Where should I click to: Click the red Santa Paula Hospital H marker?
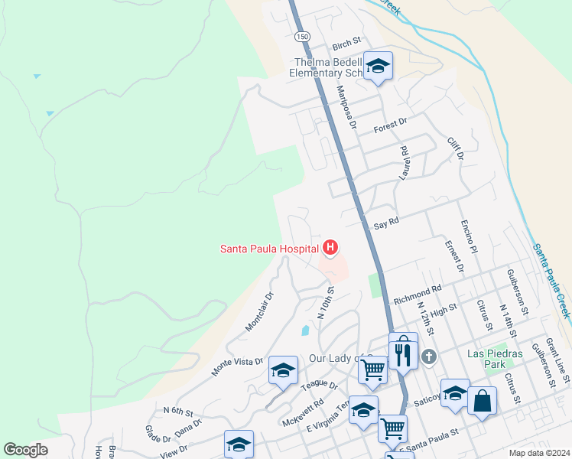330,248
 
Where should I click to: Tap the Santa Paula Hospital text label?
269,248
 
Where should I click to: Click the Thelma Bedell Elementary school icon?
378,67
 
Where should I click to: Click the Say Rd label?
388,222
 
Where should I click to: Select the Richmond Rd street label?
418,295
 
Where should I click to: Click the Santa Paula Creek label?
551,281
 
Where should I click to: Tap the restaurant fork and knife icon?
403,353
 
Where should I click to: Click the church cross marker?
429,356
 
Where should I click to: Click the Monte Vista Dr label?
238,366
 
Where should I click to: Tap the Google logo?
26,450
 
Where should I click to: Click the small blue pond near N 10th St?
306,331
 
